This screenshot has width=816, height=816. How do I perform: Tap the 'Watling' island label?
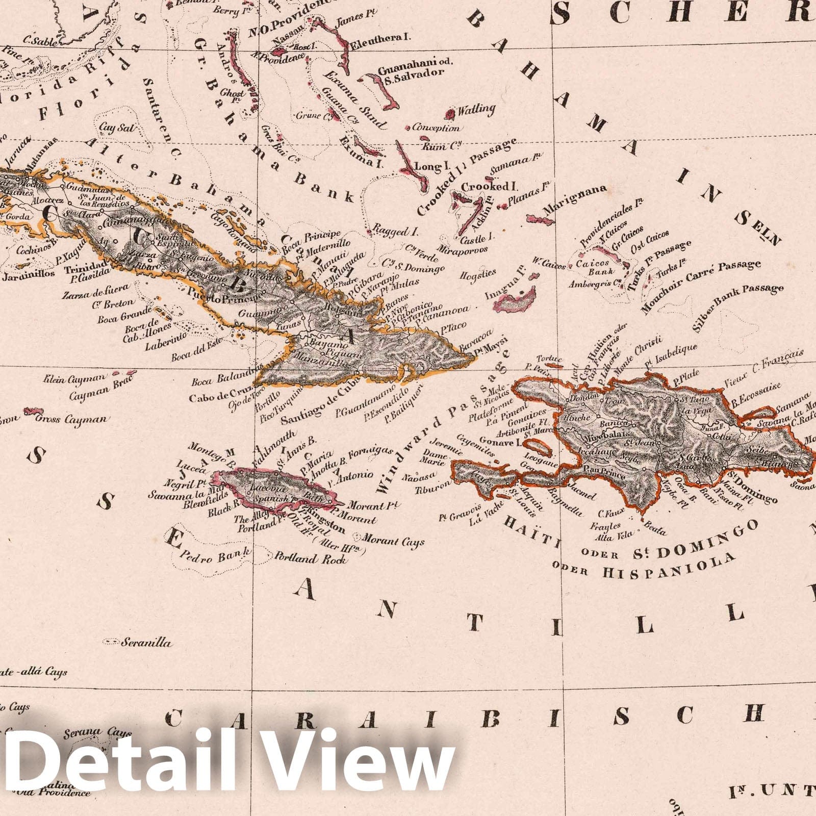tap(476, 110)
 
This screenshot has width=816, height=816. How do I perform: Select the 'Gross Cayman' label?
tap(72, 419)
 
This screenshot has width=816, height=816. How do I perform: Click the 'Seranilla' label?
tap(146, 643)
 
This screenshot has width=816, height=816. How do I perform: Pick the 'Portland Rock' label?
tap(311, 558)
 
